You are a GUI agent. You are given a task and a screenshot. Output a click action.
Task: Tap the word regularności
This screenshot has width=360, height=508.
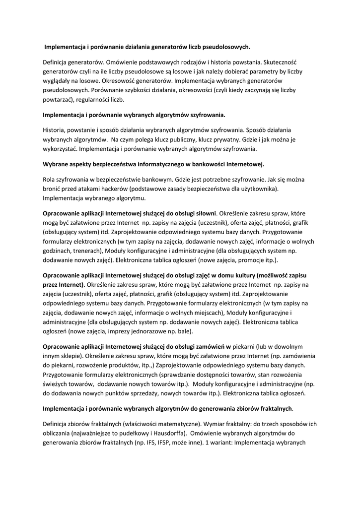[93, 99]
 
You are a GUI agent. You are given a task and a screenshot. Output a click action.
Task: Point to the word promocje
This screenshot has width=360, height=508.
[242, 259]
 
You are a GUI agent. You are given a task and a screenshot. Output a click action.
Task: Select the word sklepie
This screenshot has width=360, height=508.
[72, 356]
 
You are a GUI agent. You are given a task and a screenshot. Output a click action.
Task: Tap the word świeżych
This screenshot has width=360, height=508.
[55, 383]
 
